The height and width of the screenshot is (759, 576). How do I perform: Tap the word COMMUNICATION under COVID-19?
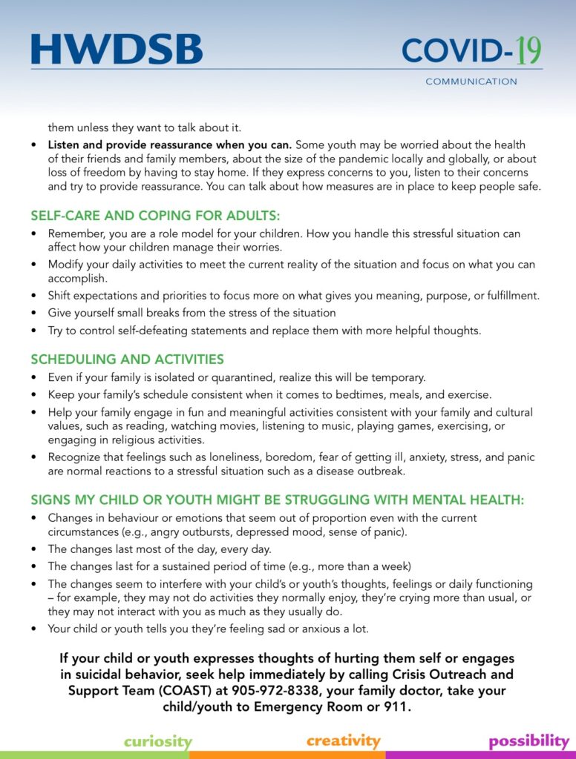[471, 82]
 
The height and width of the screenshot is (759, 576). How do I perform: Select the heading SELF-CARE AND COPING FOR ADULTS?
[155, 216]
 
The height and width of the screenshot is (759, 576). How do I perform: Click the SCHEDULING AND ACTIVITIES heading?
[127, 359]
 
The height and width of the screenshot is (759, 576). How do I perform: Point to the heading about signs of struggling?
[277, 500]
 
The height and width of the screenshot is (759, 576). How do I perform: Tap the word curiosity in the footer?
[157, 741]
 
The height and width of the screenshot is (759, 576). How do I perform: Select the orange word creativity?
[343, 740]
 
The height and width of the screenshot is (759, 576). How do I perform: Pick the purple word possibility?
[528, 741]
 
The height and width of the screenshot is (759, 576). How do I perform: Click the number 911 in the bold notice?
[394, 706]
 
